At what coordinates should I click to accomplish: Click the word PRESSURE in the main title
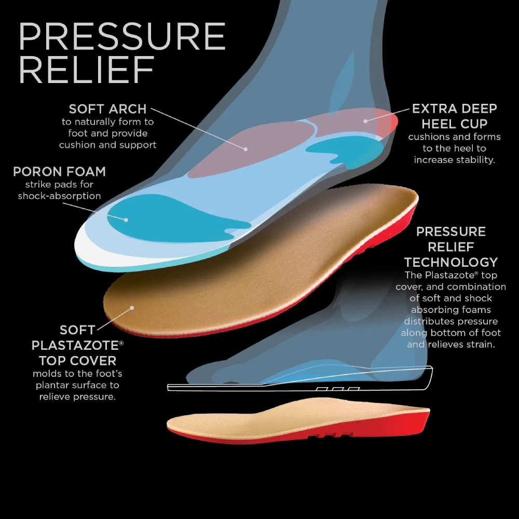coord(122,37)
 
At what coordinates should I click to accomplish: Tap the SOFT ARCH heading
coord(107,109)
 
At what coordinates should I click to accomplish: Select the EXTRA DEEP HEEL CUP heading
coord(454,116)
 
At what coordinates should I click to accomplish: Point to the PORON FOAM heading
coord(59,171)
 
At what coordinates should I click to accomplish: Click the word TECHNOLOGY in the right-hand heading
coord(451,262)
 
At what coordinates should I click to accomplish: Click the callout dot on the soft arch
coord(246,149)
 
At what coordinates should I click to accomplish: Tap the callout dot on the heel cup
coord(365,121)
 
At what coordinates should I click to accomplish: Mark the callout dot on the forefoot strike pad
coord(126,220)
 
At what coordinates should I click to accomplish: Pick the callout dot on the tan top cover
coord(132,308)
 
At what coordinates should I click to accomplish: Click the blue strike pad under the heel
coord(345,148)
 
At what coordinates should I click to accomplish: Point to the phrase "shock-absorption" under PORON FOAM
coord(59,196)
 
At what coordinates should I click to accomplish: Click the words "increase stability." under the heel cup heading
coord(455,160)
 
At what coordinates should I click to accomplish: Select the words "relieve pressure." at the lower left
coord(77,397)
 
